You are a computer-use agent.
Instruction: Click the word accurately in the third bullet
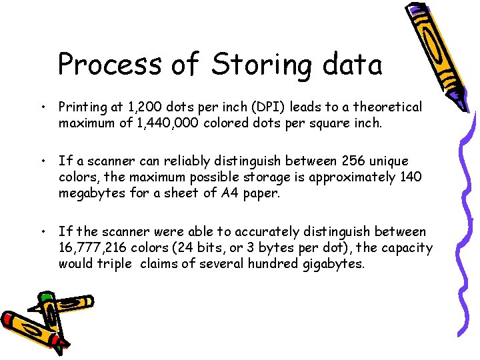tap(267, 232)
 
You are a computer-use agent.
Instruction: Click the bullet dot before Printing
tap(43, 107)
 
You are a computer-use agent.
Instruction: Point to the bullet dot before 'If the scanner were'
tap(43, 232)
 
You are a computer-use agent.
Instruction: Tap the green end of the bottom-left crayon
tap(46, 296)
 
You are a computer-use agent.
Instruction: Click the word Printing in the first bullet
tap(83, 107)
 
